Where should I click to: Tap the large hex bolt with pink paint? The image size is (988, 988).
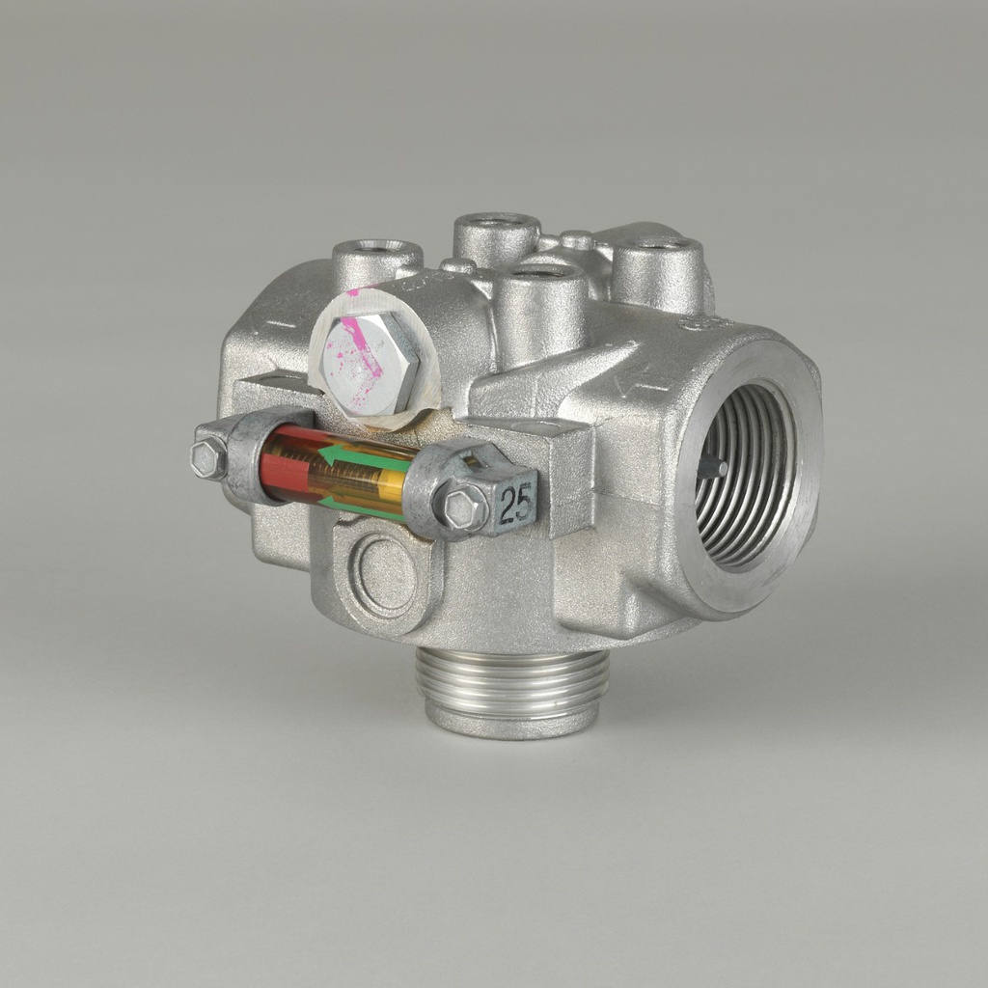370,362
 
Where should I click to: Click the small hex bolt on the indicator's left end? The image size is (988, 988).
207,459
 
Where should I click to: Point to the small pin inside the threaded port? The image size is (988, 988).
712,467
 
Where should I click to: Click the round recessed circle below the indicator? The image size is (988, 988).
385,574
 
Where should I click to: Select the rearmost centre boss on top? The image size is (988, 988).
496,235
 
